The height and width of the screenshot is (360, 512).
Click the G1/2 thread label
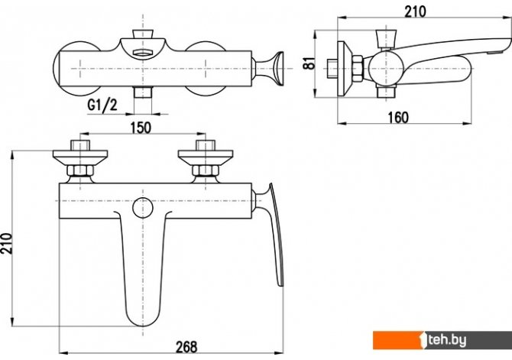point(102,105)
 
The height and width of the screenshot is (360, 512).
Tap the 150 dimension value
point(141,128)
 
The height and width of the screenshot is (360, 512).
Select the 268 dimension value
point(186,346)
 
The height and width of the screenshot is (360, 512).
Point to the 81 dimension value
point(309,63)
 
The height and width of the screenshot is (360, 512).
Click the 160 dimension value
point(398,117)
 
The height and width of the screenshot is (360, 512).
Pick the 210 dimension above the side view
point(416,11)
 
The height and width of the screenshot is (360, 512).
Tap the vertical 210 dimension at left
point(6,243)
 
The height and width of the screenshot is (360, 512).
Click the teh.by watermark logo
point(442,340)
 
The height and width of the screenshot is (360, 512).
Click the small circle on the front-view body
point(143,208)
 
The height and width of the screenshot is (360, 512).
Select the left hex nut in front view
point(80,170)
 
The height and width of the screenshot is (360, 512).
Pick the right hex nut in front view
point(205,170)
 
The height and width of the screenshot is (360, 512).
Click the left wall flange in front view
point(80,157)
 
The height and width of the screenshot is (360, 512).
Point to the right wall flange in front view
point(206,157)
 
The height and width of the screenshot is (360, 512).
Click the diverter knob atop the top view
point(143,34)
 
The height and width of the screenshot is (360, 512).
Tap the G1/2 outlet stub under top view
point(143,92)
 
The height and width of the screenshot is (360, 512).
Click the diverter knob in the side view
point(387,39)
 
